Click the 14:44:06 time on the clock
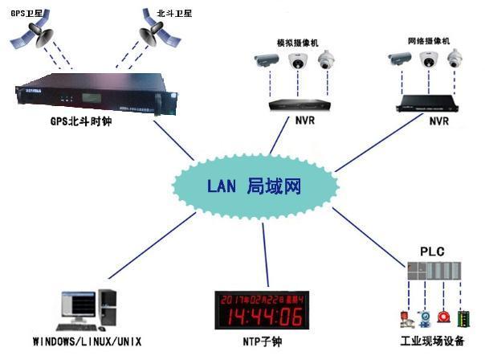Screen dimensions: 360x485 pyautogui.click(x=263, y=315)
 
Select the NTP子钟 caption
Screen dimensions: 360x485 pyautogui.click(x=263, y=342)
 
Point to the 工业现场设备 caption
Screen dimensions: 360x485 pyautogui.click(x=432, y=342)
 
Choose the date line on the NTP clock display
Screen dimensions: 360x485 pyautogui.click(x=263, y=297)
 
